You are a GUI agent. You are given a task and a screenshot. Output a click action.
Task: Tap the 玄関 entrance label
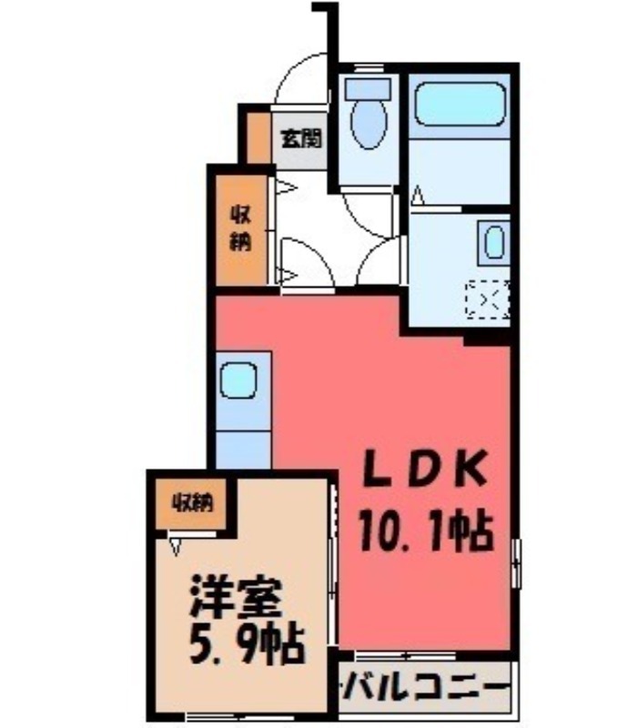pos(299,138)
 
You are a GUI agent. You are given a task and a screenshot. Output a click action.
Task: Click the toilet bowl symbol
pos(369,125)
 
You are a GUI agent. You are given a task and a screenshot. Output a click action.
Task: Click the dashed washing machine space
pos(489,299)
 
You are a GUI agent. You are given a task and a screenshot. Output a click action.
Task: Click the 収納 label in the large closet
pos(240,229)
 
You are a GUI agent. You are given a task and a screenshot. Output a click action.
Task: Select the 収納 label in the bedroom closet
pos(194,503)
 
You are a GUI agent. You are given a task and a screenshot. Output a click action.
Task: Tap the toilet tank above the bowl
pos(368,89)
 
